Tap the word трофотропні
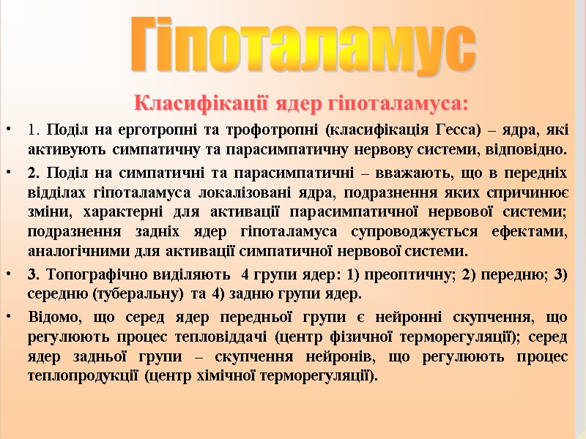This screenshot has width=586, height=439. [275, 132]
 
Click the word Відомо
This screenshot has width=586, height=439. [53, 317]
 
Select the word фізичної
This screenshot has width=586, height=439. [390, 337]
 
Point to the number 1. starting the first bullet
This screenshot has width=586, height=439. [33, 132]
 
